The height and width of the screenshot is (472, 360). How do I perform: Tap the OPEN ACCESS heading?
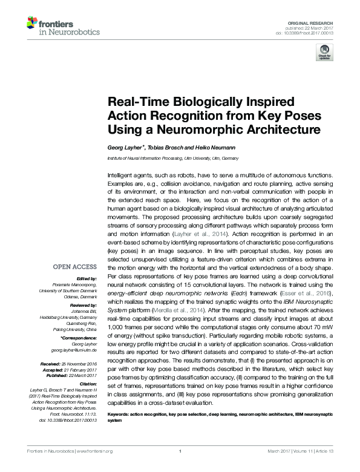(76, 283)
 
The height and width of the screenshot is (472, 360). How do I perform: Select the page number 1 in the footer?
(180, 467)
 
